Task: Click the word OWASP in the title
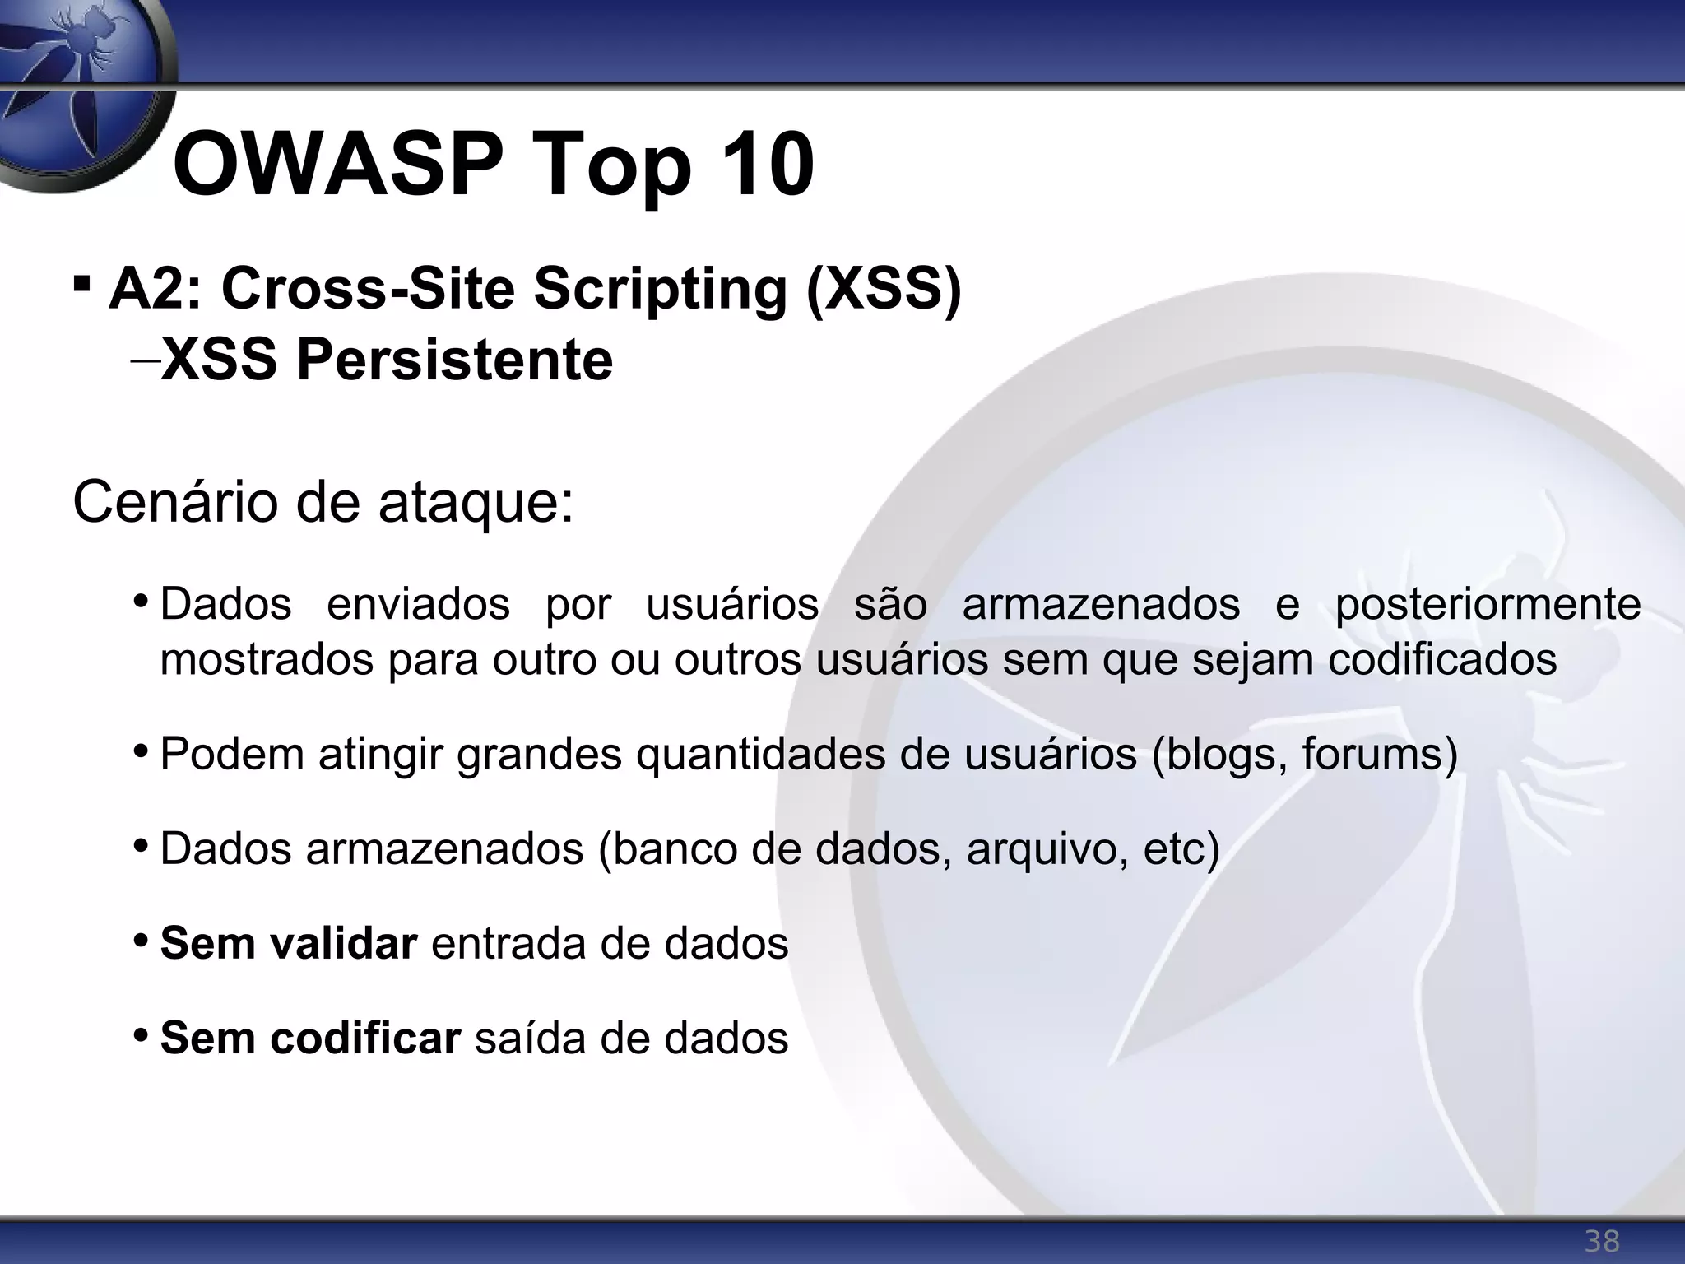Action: (338, 166)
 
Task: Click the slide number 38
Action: (1602, 1240)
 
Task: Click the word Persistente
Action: (454, 360)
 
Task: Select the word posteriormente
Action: (1488, 604)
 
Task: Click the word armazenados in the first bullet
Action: (1101, 604)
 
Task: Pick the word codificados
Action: (1442, 659)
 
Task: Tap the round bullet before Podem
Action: (141, 750)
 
